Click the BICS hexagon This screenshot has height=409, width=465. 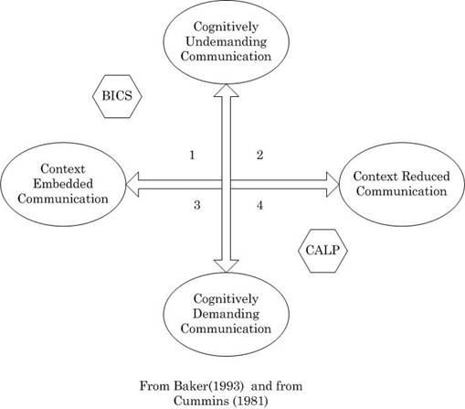click(x=117, y=96)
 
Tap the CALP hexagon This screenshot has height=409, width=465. click(x=322, y=251)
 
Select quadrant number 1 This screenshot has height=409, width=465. click(x=192, y=156)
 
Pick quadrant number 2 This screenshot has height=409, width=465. click(x=259, y=156)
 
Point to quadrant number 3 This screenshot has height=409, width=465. click(x=197, y=205)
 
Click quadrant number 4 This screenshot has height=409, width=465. click(x=259, y=205)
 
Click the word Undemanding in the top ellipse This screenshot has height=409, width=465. click(x=227, y=41)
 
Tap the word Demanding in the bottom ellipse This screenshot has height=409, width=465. click(x=226, y=314)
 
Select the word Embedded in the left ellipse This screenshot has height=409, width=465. click(x=63, y=184)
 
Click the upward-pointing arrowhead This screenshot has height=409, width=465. click(x=227, y=91)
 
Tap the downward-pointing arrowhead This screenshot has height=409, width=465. click(x=227, y=266)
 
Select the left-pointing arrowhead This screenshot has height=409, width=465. click(x=132, y=184)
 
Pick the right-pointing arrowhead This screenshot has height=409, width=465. click(x=333, y=184)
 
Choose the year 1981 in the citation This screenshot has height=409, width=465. click(x=250, y=401)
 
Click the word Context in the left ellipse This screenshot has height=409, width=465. click(x=63, y=169)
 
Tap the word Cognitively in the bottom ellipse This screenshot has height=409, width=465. click(x=226, y=299)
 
